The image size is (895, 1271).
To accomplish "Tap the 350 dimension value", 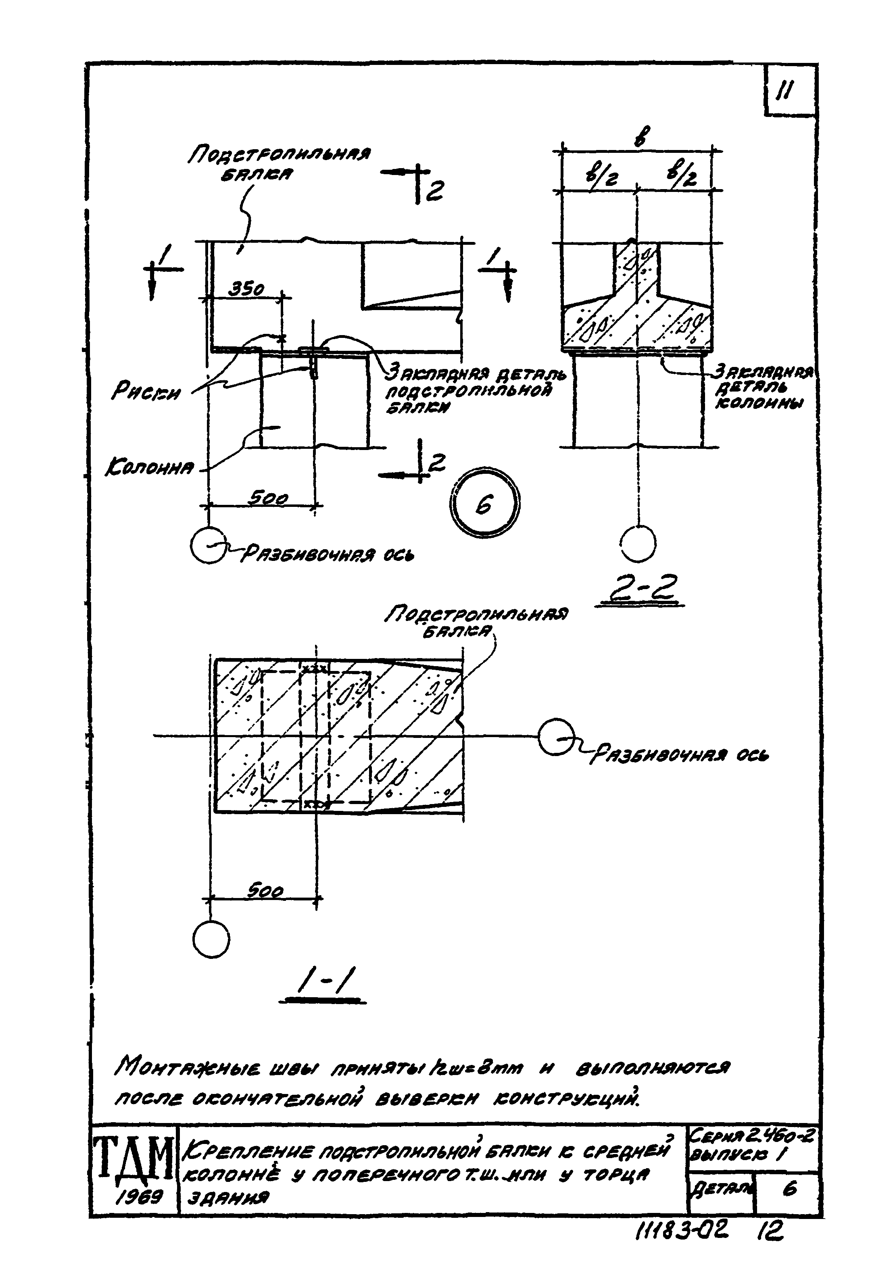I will click(x=247, y=289).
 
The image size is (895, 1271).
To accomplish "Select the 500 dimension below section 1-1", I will click(x=265, y=891).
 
